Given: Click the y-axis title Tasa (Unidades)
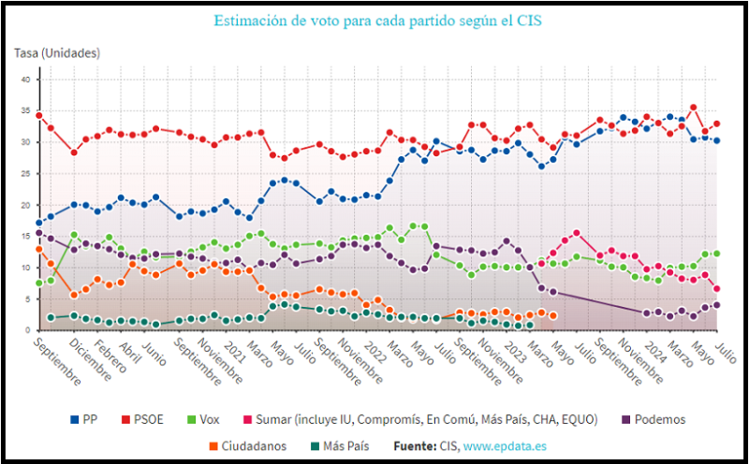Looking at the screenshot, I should coord(57,53).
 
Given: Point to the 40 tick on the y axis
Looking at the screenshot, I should coord(25,80).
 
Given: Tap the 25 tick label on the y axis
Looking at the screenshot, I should coord(25,173).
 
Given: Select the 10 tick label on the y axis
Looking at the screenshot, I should coord(25,268).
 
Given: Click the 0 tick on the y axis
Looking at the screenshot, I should coord(27,330).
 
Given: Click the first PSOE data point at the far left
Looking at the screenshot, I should coord(39,116).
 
